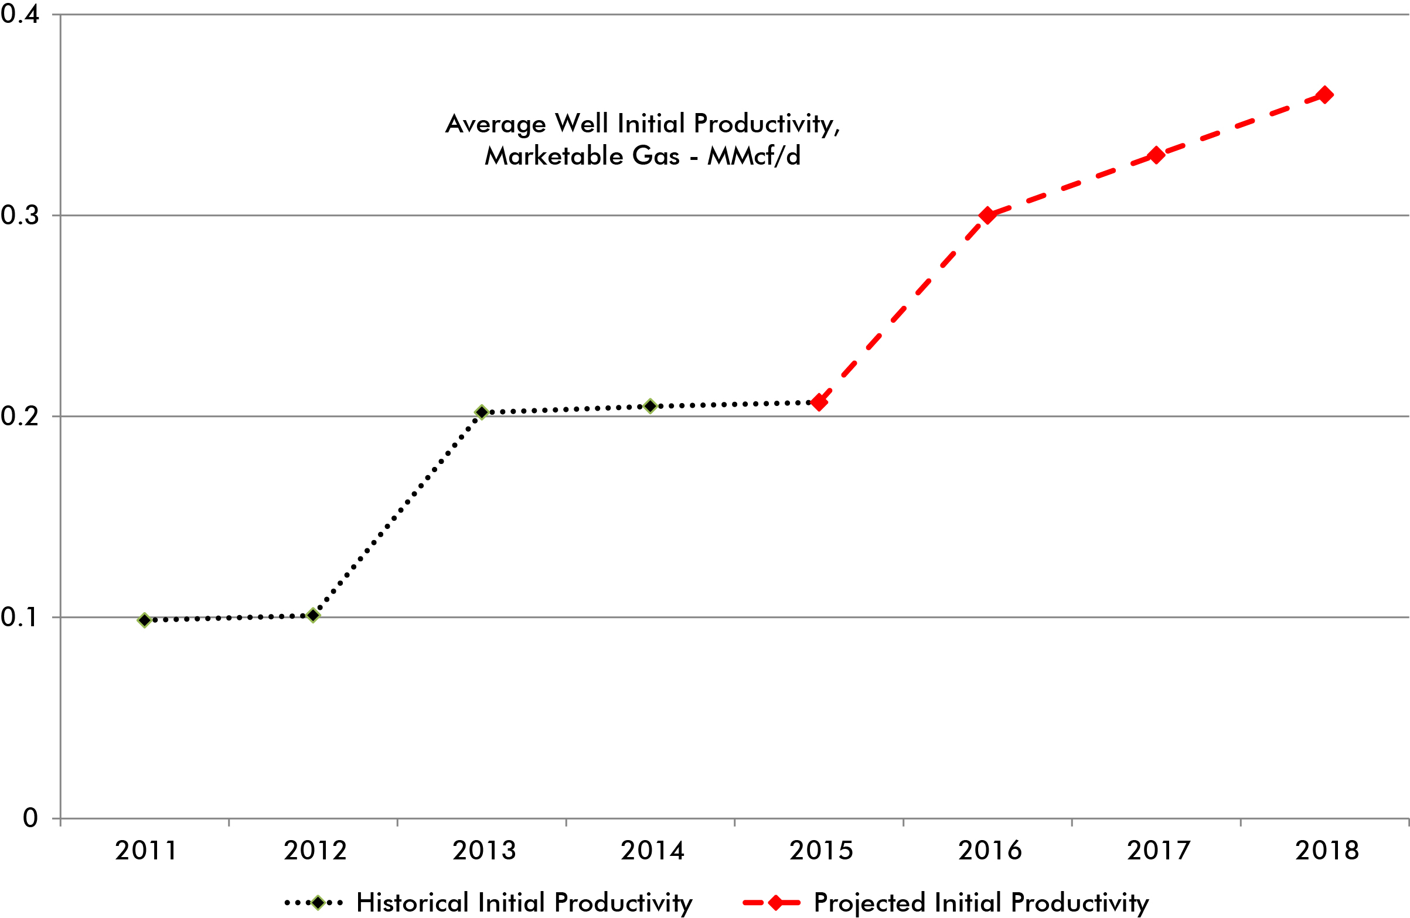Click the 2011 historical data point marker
[144, 620]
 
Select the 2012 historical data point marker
[314, 615]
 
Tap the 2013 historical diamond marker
[482, 412]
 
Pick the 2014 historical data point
[650, 407]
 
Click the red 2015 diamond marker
[819, 402]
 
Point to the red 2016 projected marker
[987, 215]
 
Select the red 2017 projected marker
[1156, 156]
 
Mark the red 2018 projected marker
[1324, 95]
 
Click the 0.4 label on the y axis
[19, 14]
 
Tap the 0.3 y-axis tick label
[19, 215]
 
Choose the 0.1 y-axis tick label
[19, 617]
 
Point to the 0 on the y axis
[30, 818]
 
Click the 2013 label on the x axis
[484, 851]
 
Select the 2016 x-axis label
[990, 851]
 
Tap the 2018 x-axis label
[1326, 851]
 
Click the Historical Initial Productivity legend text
[524, 903]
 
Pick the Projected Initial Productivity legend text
[981, 903]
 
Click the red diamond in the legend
[775, 903]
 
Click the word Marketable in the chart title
[553, 156]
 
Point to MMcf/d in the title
[754, 156]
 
